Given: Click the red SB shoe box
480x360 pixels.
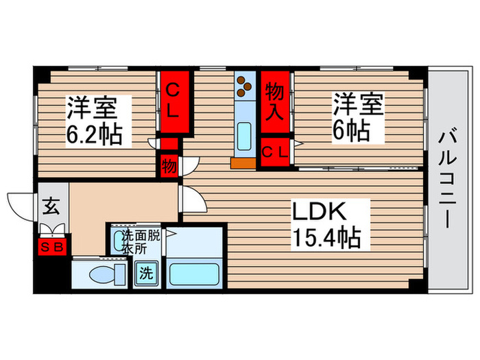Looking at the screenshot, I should click(52, 246).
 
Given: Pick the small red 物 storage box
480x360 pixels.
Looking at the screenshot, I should click(169, 165).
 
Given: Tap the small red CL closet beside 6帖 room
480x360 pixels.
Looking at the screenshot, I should click(276, 152).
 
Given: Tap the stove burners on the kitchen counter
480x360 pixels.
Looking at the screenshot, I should click(243, 86).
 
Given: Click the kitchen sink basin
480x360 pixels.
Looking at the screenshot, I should click(243, 134).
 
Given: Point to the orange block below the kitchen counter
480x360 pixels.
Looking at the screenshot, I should click(242, 163).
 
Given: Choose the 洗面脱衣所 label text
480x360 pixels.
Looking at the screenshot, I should click(142, 241).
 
